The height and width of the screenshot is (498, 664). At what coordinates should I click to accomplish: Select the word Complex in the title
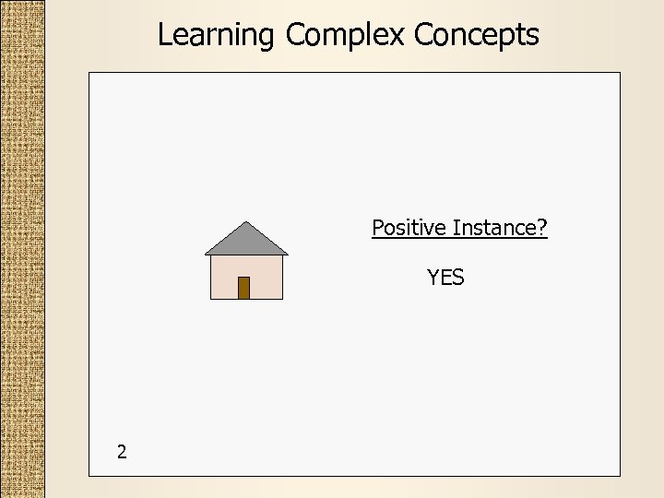point(345,35)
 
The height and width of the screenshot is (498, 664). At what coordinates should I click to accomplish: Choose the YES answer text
point(445,278)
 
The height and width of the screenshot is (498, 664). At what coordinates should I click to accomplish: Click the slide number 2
point(122,452)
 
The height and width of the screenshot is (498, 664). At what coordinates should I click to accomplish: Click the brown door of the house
point(243,288)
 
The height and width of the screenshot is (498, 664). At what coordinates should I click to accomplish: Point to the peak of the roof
point(246,223)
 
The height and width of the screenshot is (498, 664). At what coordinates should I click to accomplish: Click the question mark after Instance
point(542,227)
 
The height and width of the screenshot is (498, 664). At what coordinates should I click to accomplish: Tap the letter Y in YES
point(433,278)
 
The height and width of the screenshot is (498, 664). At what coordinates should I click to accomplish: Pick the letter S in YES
point(458,278)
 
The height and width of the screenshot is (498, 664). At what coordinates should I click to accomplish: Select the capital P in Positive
point(378,227)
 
